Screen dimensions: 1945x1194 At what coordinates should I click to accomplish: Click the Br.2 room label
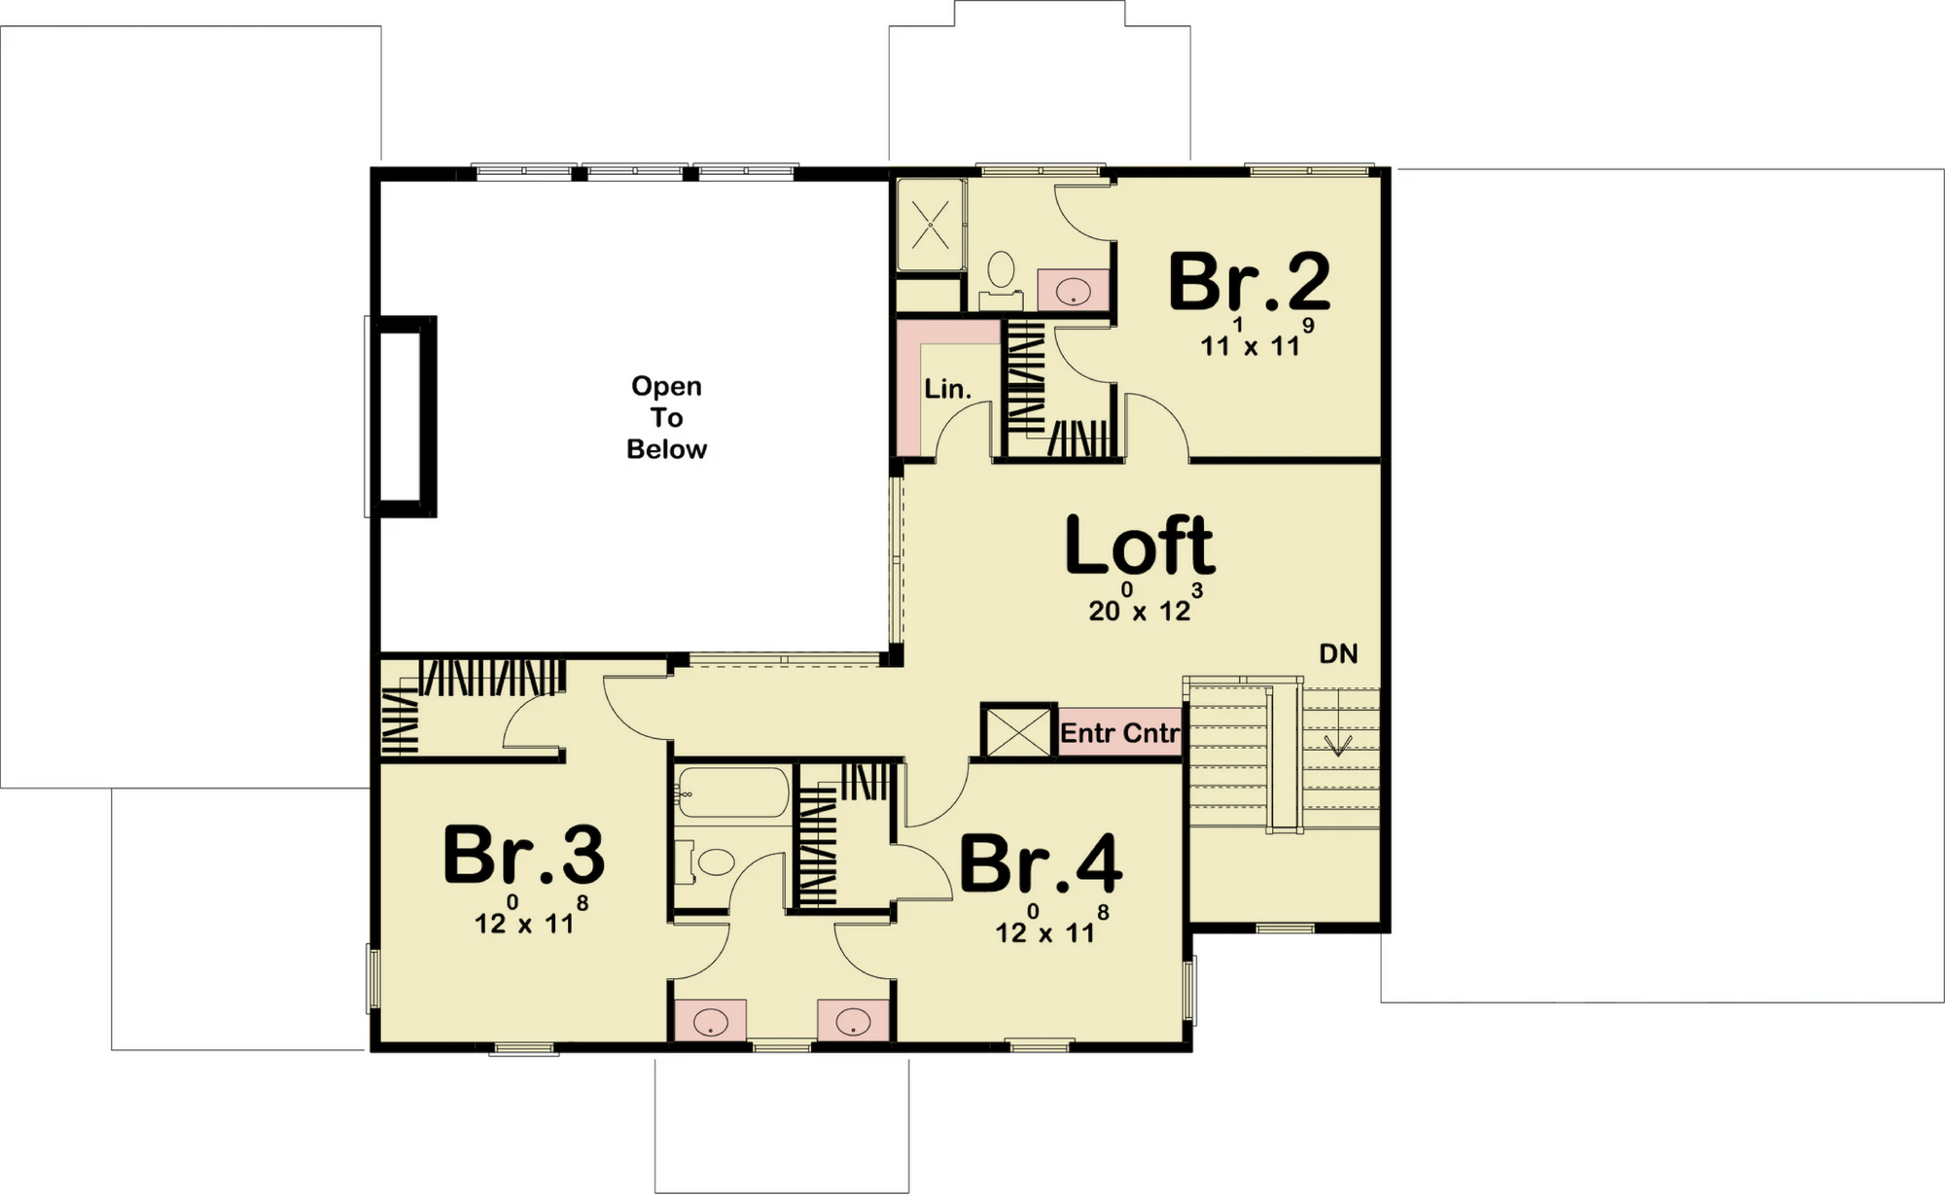[x=1249, y=282]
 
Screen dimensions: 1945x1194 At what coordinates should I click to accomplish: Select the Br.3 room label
[x=523, y=855]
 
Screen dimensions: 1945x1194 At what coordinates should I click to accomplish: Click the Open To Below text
[x=666, y=417]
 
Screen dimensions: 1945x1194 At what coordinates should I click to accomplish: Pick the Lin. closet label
[x=947, y=389]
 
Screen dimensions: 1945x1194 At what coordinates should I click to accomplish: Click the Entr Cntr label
[x=1119, y=732]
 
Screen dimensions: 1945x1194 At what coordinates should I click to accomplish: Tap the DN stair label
[x=1338, y=654]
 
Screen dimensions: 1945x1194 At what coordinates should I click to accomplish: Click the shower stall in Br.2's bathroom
[x=931, y=226]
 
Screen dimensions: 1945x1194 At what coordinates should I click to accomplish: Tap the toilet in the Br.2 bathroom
[x=1001, y=273]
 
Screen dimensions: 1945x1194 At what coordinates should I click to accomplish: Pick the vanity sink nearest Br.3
[x=711, y=1021]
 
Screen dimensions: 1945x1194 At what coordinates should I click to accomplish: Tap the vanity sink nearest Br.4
[x=853, y=1021]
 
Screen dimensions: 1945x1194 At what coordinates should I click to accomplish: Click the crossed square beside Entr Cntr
[x=1018, y=729]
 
